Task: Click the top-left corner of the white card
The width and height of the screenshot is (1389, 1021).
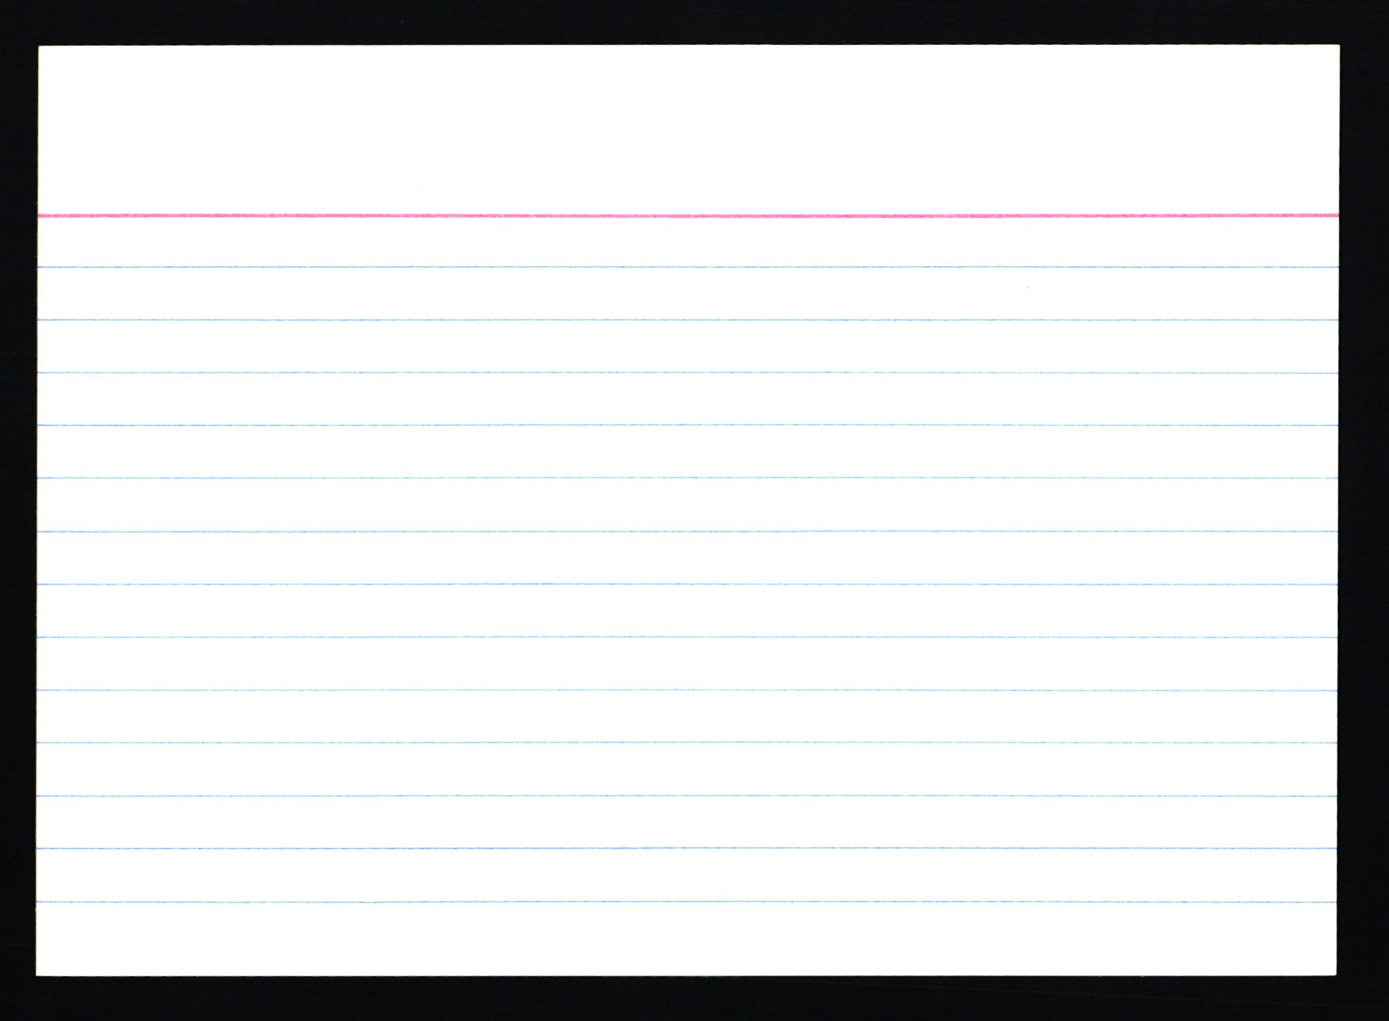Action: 40,47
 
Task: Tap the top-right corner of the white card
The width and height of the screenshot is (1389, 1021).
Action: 1337,47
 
